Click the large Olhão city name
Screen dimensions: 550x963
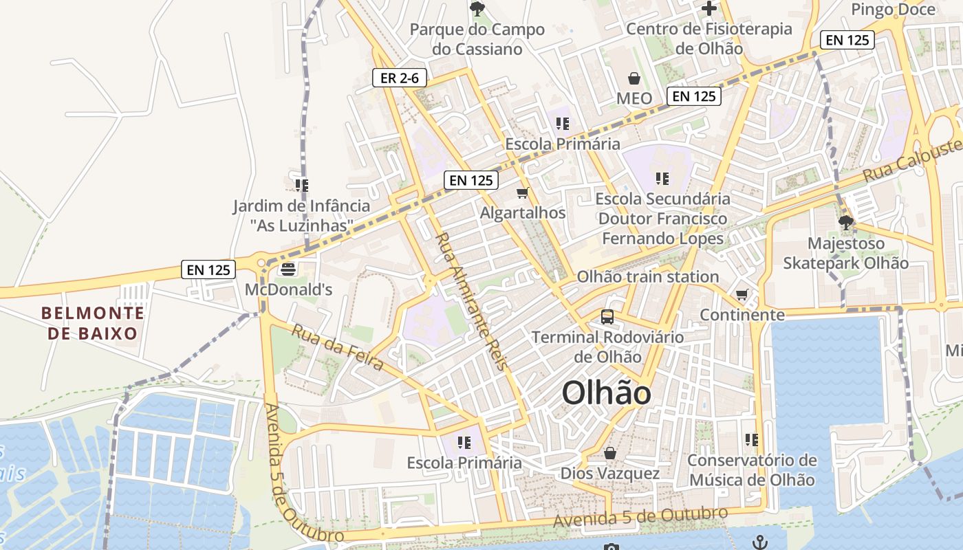coord(607,393)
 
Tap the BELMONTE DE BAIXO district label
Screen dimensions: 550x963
coord(93,323)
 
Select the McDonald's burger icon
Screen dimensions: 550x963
coord(288,269)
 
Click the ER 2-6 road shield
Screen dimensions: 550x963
coord(400,78)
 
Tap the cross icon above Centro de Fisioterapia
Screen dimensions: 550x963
coord(708,8)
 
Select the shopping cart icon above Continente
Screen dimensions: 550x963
coord(742,295)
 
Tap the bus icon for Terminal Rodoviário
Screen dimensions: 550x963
coord(607,317)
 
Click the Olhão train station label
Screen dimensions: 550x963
coord(647,276)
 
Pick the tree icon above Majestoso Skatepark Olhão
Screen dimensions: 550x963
coord(845,223)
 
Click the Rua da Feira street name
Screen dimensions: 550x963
coord(337,346)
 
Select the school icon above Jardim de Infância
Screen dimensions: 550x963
coord(301,186)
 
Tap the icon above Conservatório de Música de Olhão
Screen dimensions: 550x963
coord(752,439)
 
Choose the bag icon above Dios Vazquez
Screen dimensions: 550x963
coord(609,453)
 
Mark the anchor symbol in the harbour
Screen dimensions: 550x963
coord(759,542)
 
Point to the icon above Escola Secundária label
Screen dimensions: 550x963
coord(662,179)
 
